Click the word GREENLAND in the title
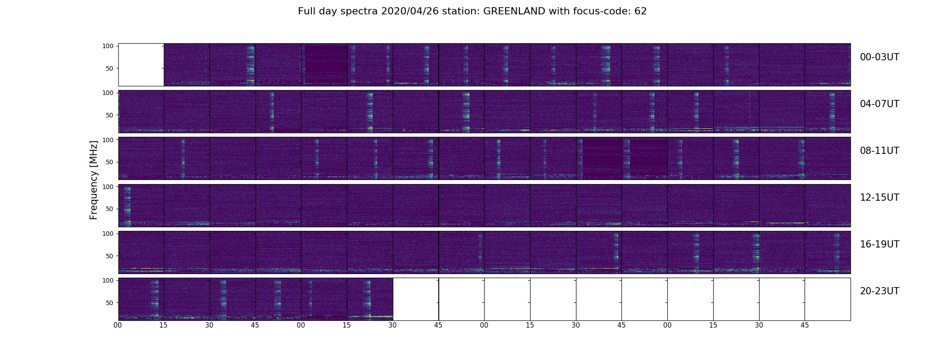coord(514,11)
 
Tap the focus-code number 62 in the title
coord(640,11)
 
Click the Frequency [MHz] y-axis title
coord(94,180)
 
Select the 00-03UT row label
coord(879,57)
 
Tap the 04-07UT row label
coord(879,104)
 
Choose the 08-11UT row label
coord(879,151)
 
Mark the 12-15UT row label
coord(879,198)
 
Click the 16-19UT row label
coord(879,244)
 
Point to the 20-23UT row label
coord(879,291)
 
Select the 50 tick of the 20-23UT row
coord(109,303)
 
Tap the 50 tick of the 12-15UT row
coord(109,209)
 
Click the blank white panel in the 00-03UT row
coord(141,64)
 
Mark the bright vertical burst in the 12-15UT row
coord(127,205)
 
